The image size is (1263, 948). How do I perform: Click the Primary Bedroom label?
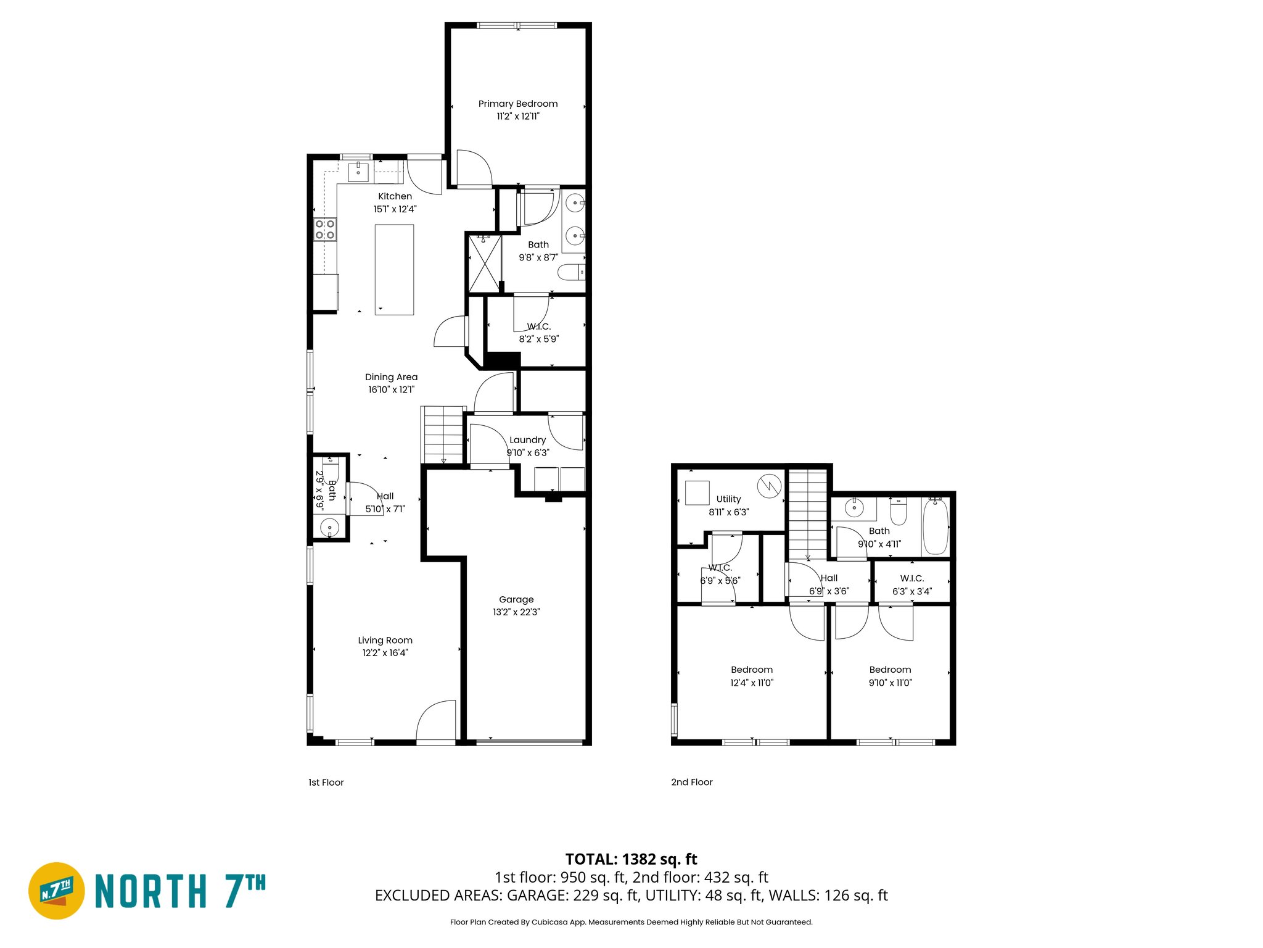(x=517, y=104)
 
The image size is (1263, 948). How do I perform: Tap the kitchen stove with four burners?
(x=325, y=230)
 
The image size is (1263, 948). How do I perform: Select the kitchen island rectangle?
(x=394, y=270)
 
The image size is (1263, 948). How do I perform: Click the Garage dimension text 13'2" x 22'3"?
(x=516, y=612)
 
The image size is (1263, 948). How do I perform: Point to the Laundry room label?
(x=527, y=440)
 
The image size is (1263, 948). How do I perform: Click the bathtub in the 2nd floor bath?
(x=935, y=527)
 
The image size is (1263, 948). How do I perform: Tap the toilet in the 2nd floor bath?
(x=899, y=512)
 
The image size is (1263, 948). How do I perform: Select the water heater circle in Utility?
(x=769, y=485)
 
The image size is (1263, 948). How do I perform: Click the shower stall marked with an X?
(x=485, y=263)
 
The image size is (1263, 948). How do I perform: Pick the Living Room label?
(x=385, y=640)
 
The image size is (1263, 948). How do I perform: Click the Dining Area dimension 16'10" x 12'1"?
(x=391, y=389)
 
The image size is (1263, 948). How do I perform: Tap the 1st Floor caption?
(x=326, y=782)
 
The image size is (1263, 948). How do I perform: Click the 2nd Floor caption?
(x=691, y=782)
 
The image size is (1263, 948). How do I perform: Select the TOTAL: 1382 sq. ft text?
(x=631, y=859)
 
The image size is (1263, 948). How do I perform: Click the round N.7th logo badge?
(x=57, y=891)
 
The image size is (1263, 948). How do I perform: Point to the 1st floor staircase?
(x=442, y=434)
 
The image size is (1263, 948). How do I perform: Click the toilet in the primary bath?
(x=571, y=272)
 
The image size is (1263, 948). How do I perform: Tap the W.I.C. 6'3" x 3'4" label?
(x=911, y=584)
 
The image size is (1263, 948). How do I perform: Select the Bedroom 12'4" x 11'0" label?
(x=751, y=676)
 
